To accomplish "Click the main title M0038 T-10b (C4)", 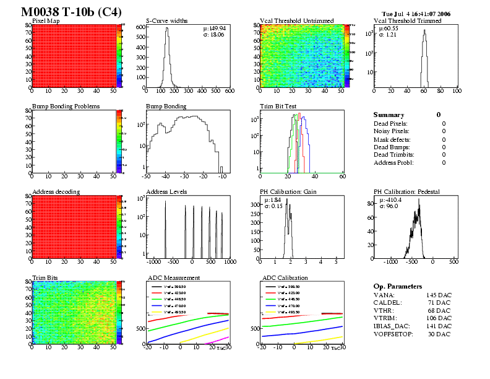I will click(71, 12).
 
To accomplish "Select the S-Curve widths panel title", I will click(168, 21).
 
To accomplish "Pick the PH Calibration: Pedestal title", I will click(406, 192).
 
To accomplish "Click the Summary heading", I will click(389, 115).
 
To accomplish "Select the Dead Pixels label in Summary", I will click(390, 124).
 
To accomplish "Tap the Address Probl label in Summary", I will click(393, 162).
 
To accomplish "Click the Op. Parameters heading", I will click(398, 287).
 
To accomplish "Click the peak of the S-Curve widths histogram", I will click(166, 28).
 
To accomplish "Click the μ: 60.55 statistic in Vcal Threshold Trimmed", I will click(389, 28).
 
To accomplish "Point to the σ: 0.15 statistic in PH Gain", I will click(274, 206).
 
